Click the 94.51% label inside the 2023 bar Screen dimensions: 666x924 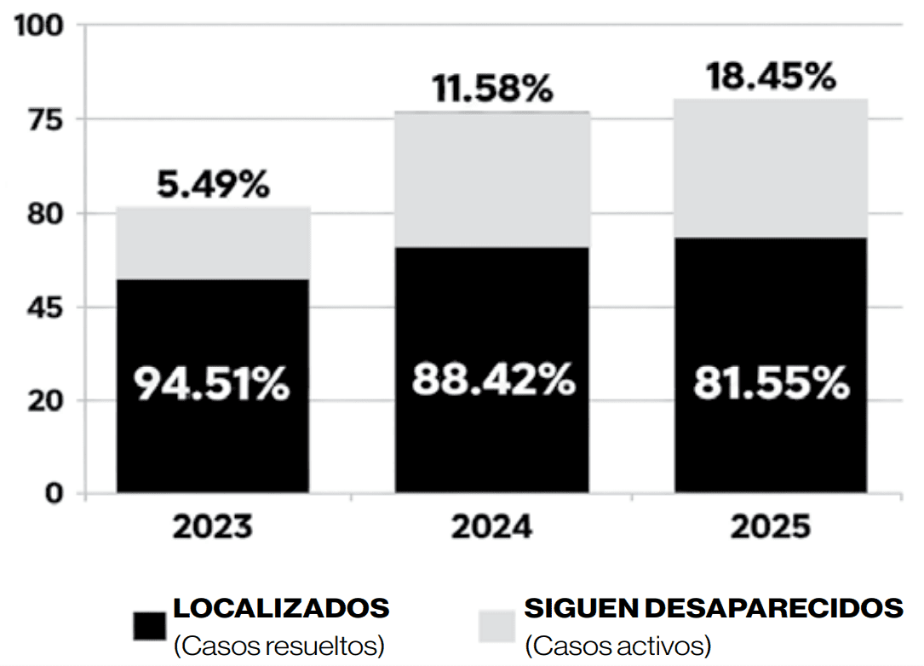212,386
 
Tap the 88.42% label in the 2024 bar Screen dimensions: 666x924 493,379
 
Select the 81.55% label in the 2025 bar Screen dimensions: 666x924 771,384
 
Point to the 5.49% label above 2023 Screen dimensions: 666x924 213,185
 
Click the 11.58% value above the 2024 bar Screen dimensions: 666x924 492,89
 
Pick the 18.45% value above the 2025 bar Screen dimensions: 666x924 771,78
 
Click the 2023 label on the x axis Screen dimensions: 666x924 213,527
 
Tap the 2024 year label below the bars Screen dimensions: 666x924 492,527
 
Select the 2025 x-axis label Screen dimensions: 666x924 771,527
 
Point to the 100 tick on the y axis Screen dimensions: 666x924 39,26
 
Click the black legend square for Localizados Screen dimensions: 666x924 149,626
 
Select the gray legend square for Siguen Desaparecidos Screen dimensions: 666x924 497,626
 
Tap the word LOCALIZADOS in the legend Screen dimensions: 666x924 281,609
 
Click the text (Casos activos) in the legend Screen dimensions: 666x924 617,646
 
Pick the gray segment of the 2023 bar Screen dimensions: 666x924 213,243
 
